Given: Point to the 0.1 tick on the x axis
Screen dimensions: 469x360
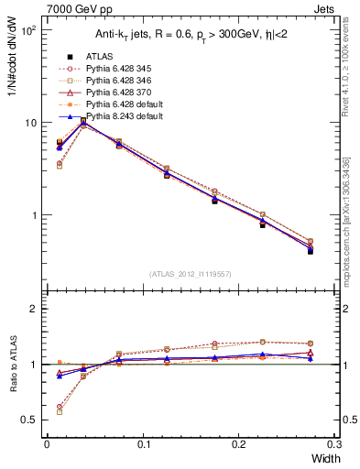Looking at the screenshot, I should tap(143, 443).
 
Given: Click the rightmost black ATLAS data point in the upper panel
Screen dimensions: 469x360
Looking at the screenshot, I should tap(311, 250).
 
